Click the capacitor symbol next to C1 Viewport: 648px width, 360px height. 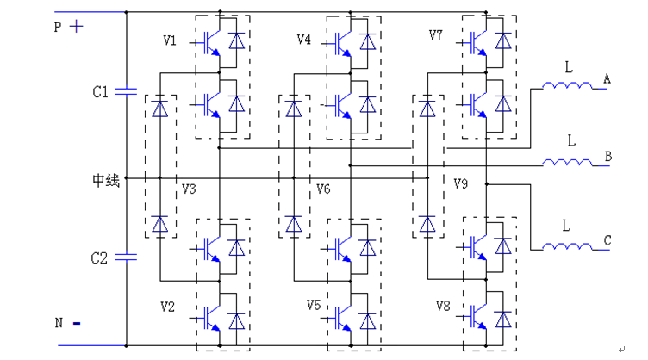point(127,90)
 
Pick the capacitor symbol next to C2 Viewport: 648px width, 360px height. point(127,256)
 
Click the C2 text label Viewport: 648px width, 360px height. point(102,257)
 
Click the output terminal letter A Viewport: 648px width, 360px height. point(607,79)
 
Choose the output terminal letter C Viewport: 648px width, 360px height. point(607,241)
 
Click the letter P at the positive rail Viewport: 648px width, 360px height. point(58,28)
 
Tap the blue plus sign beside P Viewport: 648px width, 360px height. point(77,26)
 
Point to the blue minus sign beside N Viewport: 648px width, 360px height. point(77,324)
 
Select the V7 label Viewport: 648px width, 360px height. point(437,35)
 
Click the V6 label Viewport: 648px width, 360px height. point(323,189)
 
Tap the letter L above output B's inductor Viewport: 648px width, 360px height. point(571,140)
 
